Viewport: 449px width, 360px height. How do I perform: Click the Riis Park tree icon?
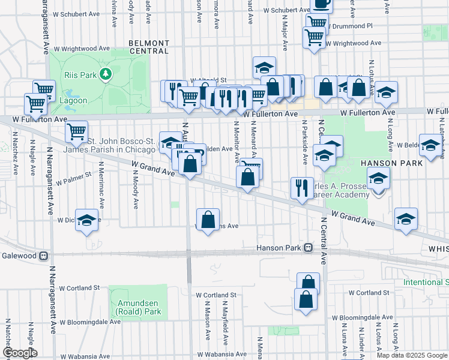pos(106,74)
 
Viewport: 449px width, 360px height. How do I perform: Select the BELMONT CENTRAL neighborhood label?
pos(148,47)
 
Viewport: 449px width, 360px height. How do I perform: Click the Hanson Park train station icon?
pos(308,247)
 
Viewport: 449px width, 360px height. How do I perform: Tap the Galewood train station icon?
pos(43,256)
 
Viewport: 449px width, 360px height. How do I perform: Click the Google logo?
pos(19,353)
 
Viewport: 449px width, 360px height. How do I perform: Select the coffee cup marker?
pos(322,4)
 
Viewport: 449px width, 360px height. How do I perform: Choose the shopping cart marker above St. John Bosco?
pos(77,131)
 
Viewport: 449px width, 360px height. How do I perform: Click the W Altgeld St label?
pos(208,80)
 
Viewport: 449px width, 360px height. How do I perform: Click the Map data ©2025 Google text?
pos(411,355)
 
